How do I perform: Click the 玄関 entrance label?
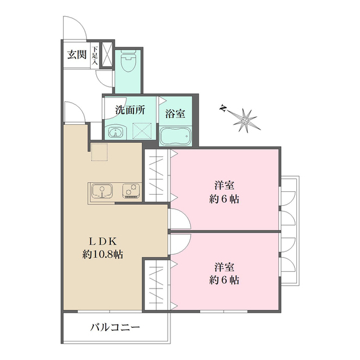click(77, 55)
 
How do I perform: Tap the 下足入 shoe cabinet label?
click(95, 55)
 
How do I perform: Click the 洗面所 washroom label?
click(130, 110)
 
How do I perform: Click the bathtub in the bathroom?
click(176, 136)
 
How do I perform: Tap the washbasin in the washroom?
click(116, 133)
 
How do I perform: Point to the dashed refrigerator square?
click(100, 152)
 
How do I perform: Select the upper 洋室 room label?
click(224, 185)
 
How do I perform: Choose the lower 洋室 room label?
click(224, 265)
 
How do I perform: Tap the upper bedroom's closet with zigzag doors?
click(157, 174)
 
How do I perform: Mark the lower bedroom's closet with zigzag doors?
click(157, 284)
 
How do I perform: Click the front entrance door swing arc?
click(73, 27)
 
